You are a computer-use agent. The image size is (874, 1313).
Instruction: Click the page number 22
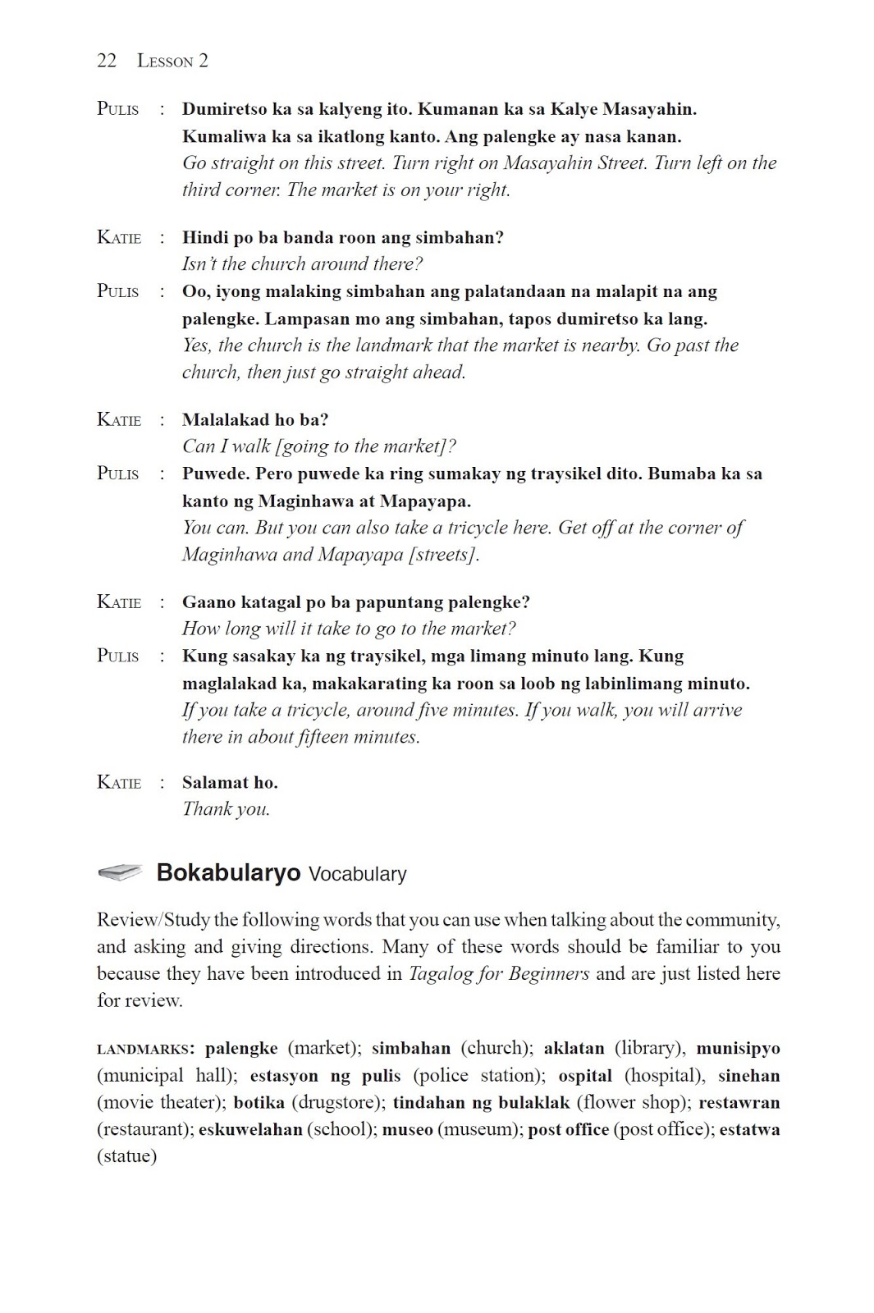107,61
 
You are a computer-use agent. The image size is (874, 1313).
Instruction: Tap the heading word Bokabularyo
228,872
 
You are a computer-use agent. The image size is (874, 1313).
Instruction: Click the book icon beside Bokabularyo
120,872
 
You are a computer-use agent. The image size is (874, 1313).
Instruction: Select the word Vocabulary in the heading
357,874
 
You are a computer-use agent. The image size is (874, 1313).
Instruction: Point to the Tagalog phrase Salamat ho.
230,783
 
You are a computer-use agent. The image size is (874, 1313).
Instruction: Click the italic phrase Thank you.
226,809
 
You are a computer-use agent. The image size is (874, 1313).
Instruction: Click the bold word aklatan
574,1048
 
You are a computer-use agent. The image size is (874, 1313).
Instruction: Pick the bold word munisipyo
738,1048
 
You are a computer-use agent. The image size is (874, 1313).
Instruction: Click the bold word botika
259,1102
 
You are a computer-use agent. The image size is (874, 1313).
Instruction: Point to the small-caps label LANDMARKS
144,1049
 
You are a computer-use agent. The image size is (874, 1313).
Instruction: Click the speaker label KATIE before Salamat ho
119,783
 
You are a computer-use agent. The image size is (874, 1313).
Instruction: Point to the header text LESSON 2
172,61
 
